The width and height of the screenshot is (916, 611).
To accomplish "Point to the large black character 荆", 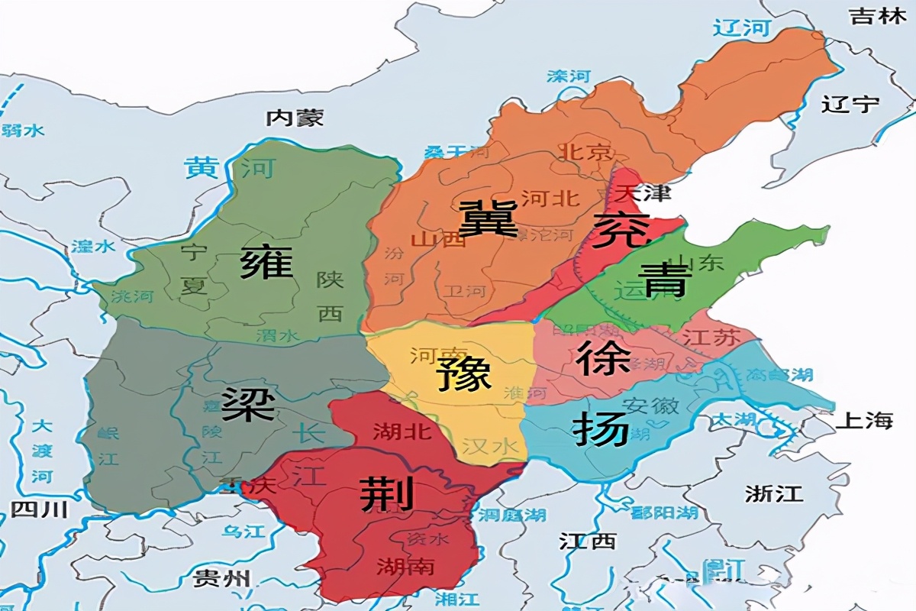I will click(386, 493).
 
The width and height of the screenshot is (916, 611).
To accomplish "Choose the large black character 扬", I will click(601, 430).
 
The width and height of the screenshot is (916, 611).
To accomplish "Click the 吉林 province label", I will click(878, 17).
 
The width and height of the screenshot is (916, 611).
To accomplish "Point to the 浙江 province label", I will click(773, 493).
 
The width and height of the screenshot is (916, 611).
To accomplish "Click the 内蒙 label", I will click(295, 118).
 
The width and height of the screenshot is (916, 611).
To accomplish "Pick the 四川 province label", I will click(39, 509).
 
